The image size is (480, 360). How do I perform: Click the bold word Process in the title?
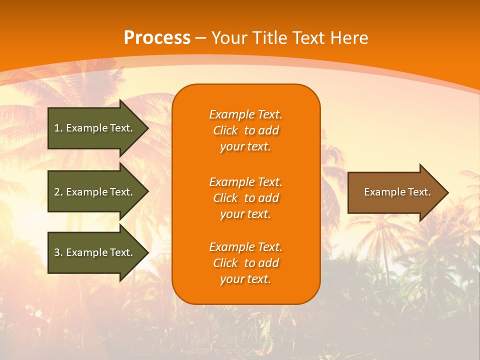click(157, 38)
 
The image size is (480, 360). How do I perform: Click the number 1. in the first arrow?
click(58, 128)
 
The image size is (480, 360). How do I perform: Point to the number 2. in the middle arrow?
click(58, 192)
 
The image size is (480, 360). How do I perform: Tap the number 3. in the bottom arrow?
click(58, 252)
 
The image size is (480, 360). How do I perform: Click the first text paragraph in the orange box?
click(245, 130)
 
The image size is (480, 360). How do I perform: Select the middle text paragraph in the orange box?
click(245, 198)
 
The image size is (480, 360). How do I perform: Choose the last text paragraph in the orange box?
click(245, 263)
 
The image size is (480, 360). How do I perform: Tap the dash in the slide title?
click(200, 38)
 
